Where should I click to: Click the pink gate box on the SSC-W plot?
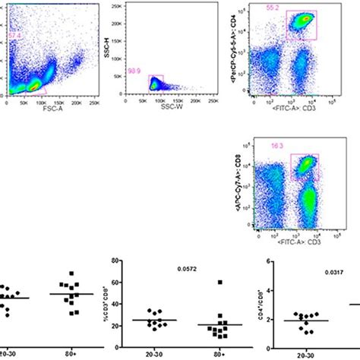156,82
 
